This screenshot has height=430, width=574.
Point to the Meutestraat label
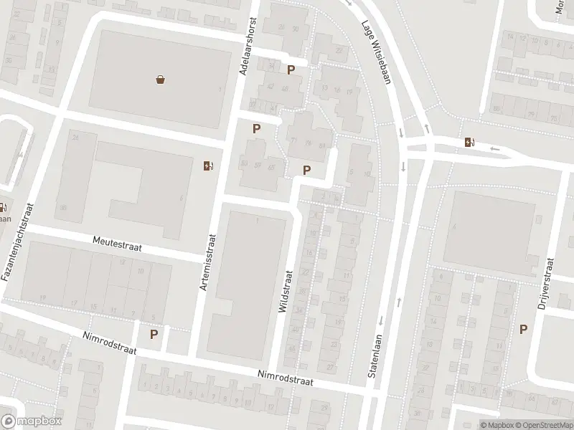[x=117, y=246]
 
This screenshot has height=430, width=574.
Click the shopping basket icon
[x=160, y=80]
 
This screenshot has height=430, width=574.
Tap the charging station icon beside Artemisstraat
[x=208, y=166]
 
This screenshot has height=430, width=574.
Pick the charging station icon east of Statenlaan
[x=469, y=142]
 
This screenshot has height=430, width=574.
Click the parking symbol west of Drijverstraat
[x=523, y=329]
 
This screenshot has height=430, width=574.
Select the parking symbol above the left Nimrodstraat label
[x=154, y=334]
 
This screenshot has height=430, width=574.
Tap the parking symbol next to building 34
[x=291, y=70]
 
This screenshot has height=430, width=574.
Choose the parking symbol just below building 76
[x=307, y=170]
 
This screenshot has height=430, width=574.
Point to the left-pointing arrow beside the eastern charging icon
[x=495, y=148]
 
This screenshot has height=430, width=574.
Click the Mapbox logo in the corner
[x=32, y=421]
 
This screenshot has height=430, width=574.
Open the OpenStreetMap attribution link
[x=539, y=425]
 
